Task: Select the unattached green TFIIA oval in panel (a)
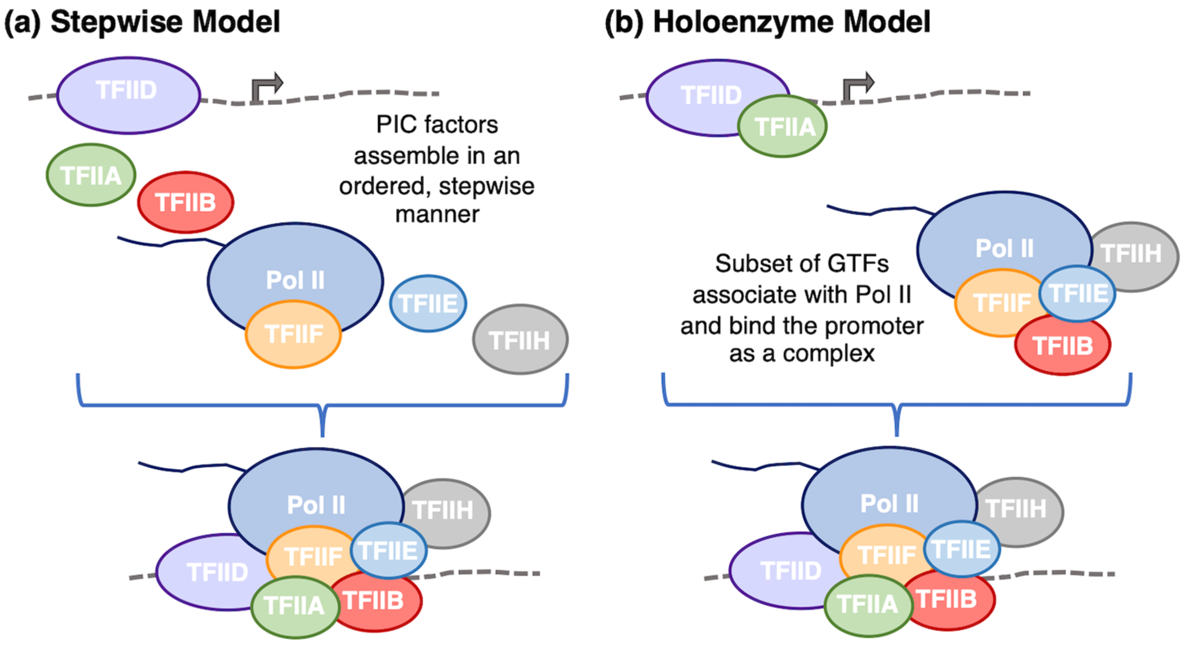(x=91, y=175)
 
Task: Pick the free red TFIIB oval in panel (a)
(x=185, y=202)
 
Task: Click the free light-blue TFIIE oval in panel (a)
(x=428, y=304)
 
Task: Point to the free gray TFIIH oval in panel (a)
(x=520, y=340)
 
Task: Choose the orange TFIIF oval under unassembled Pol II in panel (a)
(x=293, y=334)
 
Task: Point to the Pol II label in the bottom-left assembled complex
(x=316, y=504)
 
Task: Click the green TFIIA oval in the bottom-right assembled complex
(x=867, y=605)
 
